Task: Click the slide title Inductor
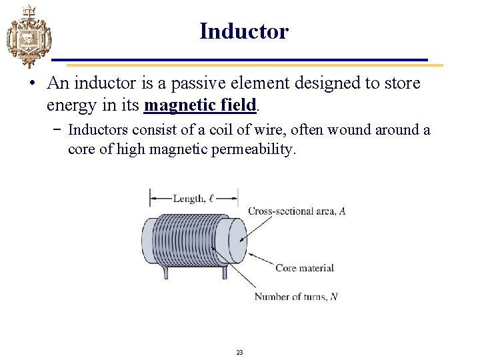click(244, 31)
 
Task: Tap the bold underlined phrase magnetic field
click(200, 105)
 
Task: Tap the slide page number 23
click(240, 352)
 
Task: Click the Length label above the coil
click(193, 198)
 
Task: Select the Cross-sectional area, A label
click(296, 211)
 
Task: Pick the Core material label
click(304, 268)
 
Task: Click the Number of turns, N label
click(296, 297)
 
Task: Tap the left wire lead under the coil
click(163, 270)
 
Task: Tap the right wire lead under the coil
click(225, 271)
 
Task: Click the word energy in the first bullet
click(67, 105)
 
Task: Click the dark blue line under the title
click(240, 60)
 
